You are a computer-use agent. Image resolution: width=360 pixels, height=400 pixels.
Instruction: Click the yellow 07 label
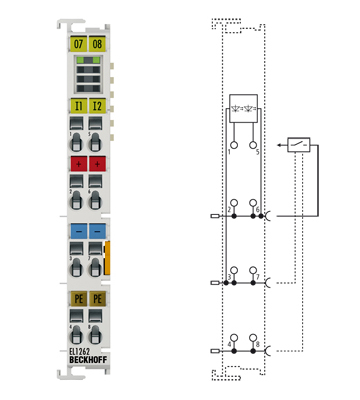(x=79, y=44)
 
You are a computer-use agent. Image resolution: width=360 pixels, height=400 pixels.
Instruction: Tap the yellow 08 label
(x=97, y=44)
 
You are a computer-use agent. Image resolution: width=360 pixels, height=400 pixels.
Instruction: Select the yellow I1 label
(x=79, y=104)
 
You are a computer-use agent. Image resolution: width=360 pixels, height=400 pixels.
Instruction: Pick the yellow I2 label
(x=97, y=104)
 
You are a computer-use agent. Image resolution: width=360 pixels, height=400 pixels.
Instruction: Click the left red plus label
(x=79, y=162)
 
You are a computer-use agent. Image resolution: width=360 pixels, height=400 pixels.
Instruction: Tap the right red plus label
(x=97, y=162)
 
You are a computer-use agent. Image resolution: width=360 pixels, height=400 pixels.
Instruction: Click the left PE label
(x=79, y=297)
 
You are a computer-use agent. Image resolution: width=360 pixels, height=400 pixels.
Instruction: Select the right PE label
(x=97, y=297)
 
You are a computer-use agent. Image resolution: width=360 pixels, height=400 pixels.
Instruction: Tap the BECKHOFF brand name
(x=87, y=362)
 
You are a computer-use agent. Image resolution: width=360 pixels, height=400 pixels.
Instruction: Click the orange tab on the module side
(x=107, y=256)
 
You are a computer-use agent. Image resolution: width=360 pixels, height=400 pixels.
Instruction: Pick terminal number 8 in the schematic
(x=257, y=345)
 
